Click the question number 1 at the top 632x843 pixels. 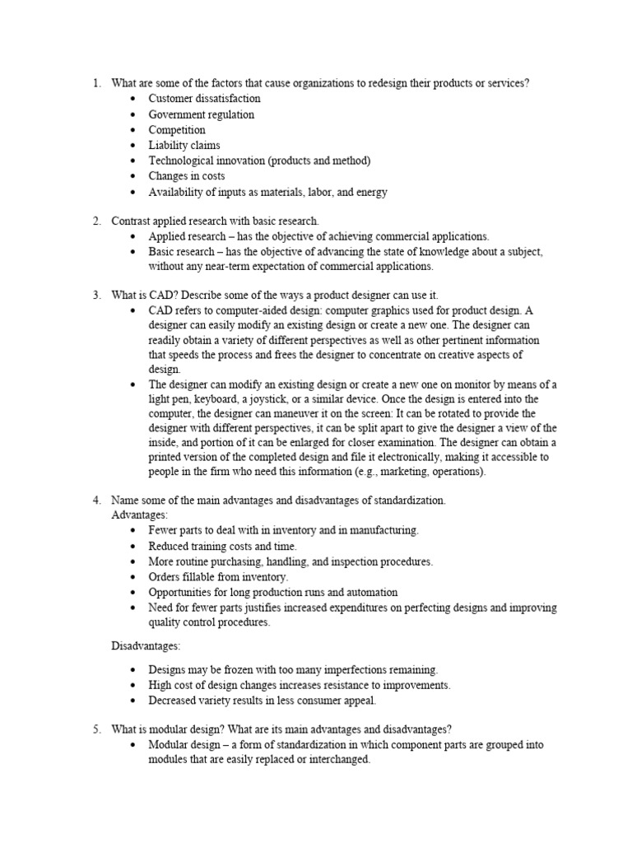coord(95,83)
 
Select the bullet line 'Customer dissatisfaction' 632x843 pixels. coord(204,99)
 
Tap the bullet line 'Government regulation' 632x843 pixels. coord(201,114)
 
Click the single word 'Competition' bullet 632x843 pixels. coord(177,130)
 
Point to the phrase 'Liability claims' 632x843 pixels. coord(184,146)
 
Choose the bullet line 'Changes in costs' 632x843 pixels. coord(187,176)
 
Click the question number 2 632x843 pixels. coord(95,221)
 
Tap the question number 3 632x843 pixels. coord(95,295)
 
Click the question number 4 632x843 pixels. coord(95,500)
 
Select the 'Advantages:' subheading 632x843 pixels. coord(139,515)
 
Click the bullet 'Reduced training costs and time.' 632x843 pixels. coord(222,546)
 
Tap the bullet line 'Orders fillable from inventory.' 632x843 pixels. coord(218,577)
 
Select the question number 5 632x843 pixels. coord(95,729)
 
